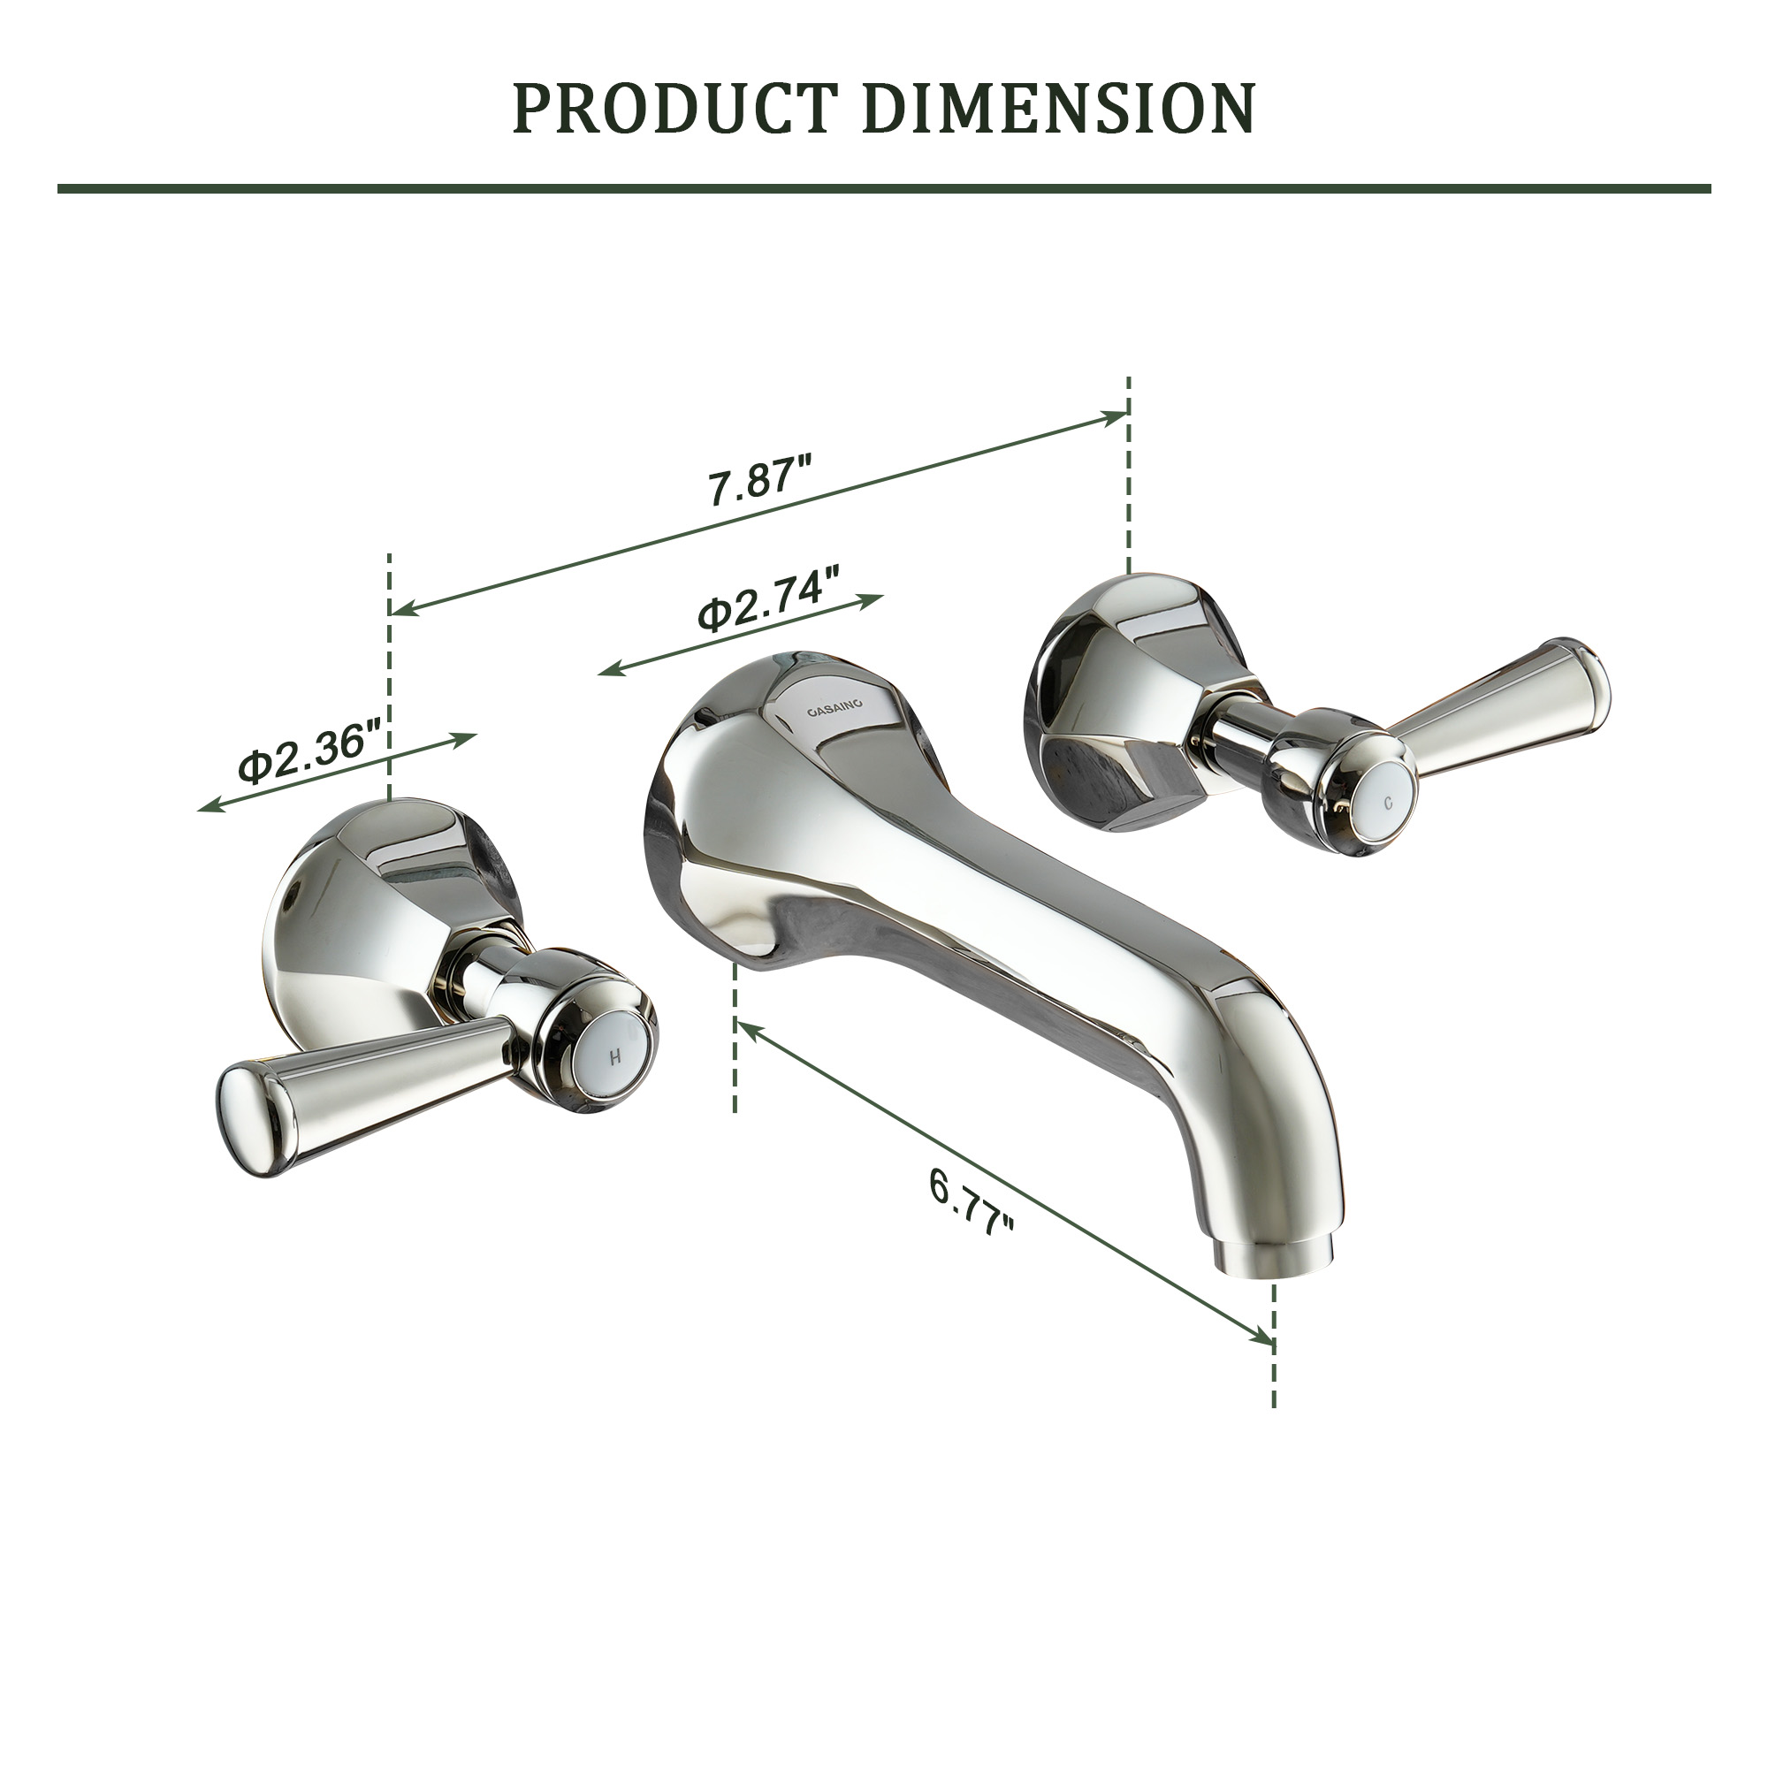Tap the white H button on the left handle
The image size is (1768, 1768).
(x=617, y=1055)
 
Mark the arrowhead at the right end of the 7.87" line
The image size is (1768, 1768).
(x=1118, y=417)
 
